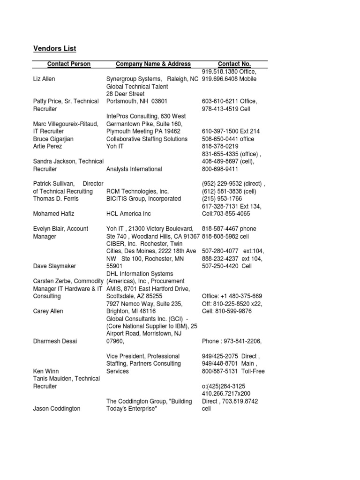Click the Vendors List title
click(x=54, y=49)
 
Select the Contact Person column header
click(x=69, y=64)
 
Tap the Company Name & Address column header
click(x=153, y=64)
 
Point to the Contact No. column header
click(x=234, y=64)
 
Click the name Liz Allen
click(x=44, y=79)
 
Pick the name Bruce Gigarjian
click(x=53, y=139)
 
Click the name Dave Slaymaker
click(x=54, y=266)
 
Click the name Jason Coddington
click(x=57, y=409)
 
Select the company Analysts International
click(x=134, y=169)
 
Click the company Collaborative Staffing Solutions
click(x=147, y=139)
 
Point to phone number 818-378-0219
click(x=220, y=146)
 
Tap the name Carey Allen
click(x=48, y=311)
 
